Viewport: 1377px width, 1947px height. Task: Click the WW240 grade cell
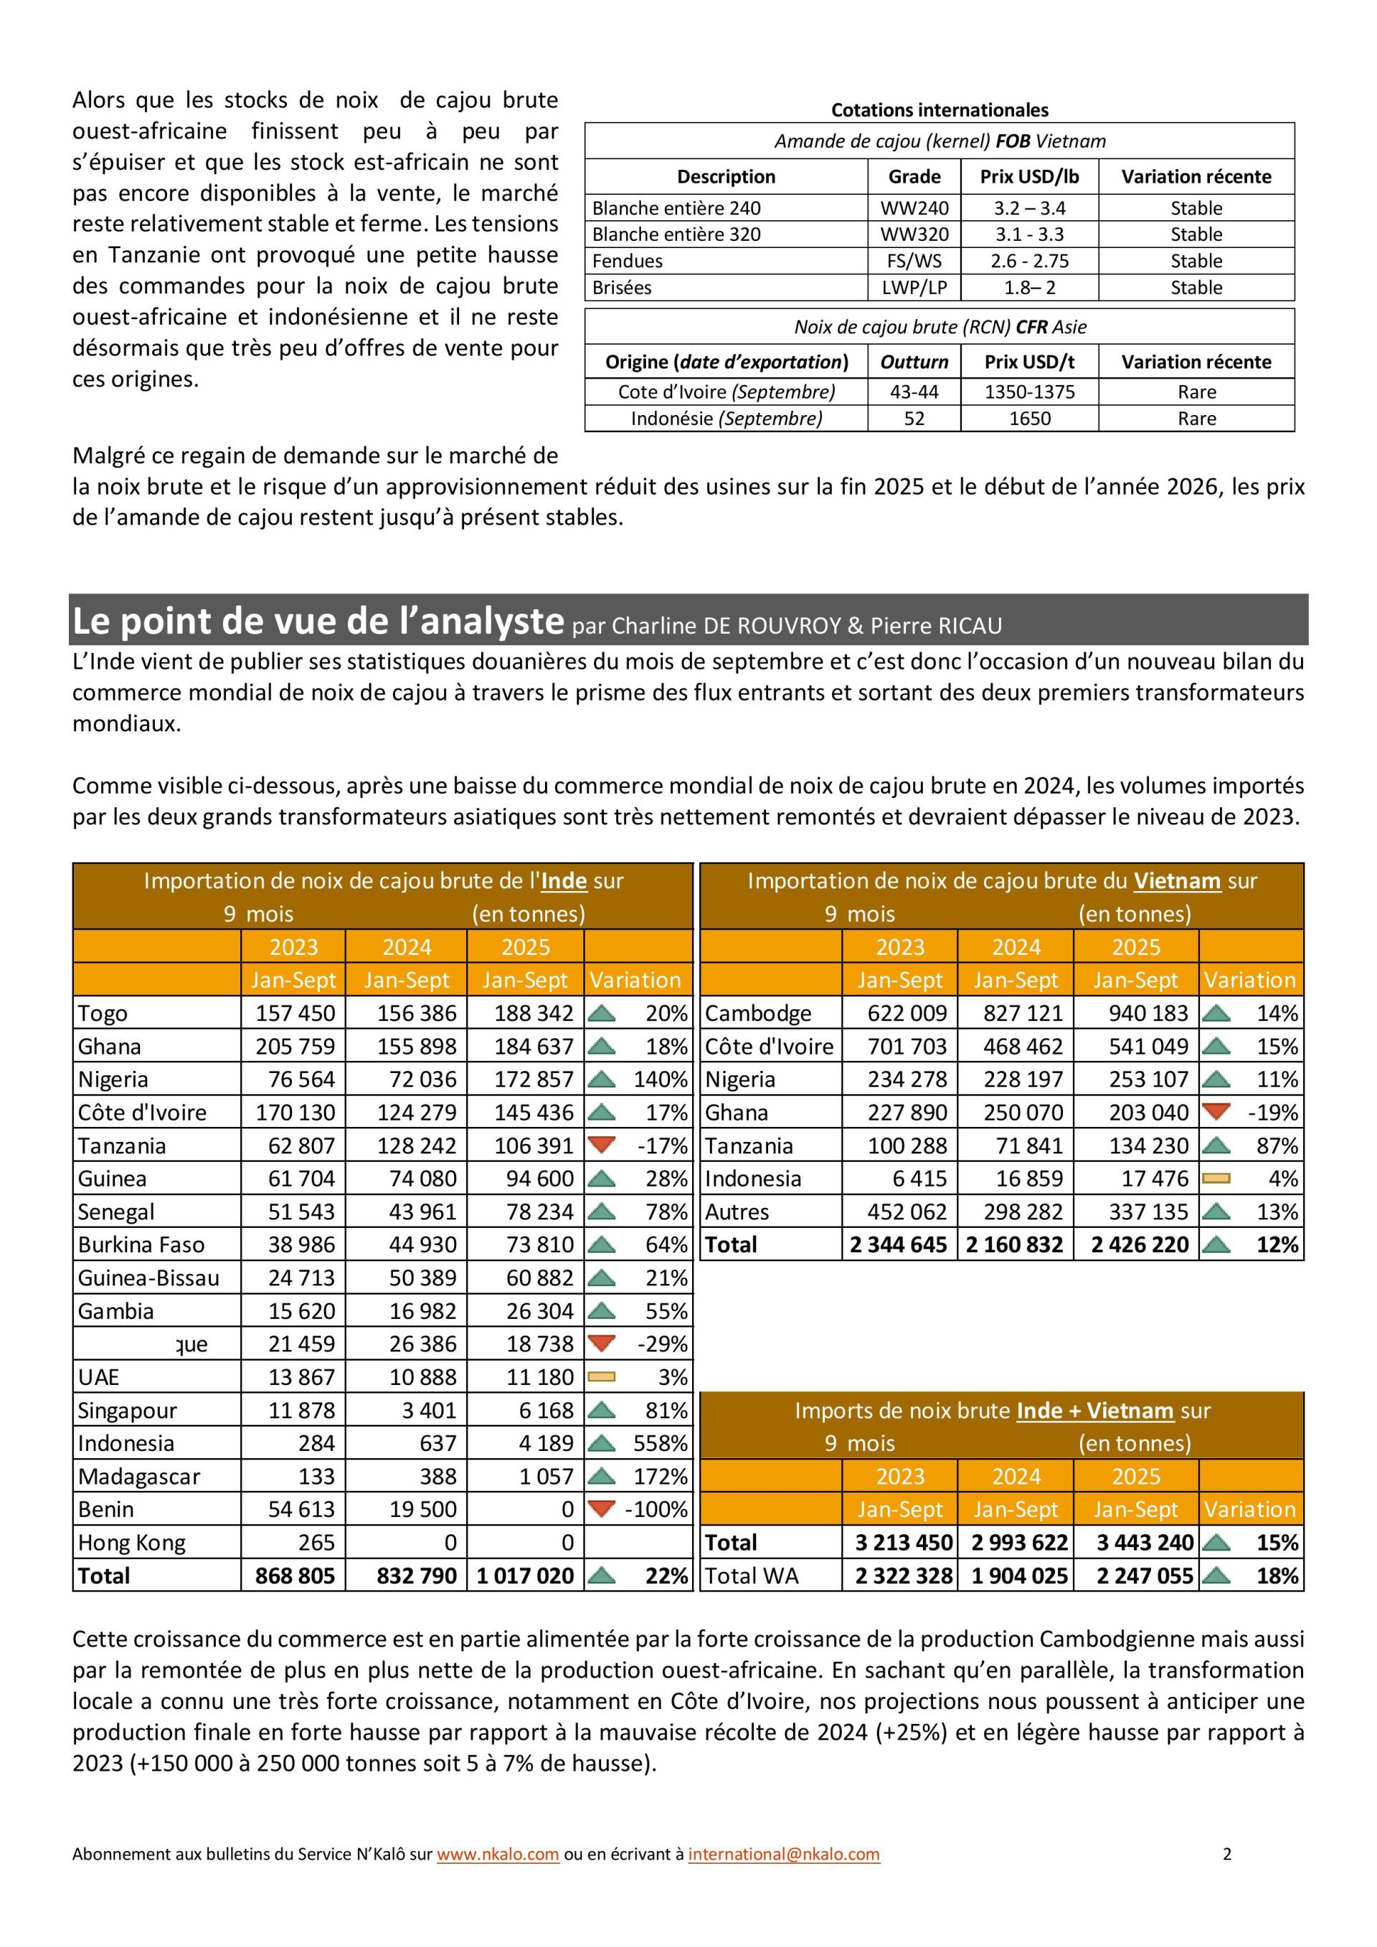[x=914, y=208]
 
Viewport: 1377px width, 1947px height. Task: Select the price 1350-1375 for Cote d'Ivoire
[x=1029, y=392]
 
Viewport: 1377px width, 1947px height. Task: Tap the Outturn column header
[x=914, y=362]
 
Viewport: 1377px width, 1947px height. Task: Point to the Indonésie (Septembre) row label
[x=727, y=418]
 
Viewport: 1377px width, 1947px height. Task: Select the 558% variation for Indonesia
[x=660, y=1442]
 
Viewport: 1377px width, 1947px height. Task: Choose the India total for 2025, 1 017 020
[x=524, y=1576]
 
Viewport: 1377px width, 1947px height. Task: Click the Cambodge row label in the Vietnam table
[x=757, y=1014]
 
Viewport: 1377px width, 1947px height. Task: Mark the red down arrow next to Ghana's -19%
[x=1218, y=1111]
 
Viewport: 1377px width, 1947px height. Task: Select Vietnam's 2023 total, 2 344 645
[x=899, y=1245]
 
